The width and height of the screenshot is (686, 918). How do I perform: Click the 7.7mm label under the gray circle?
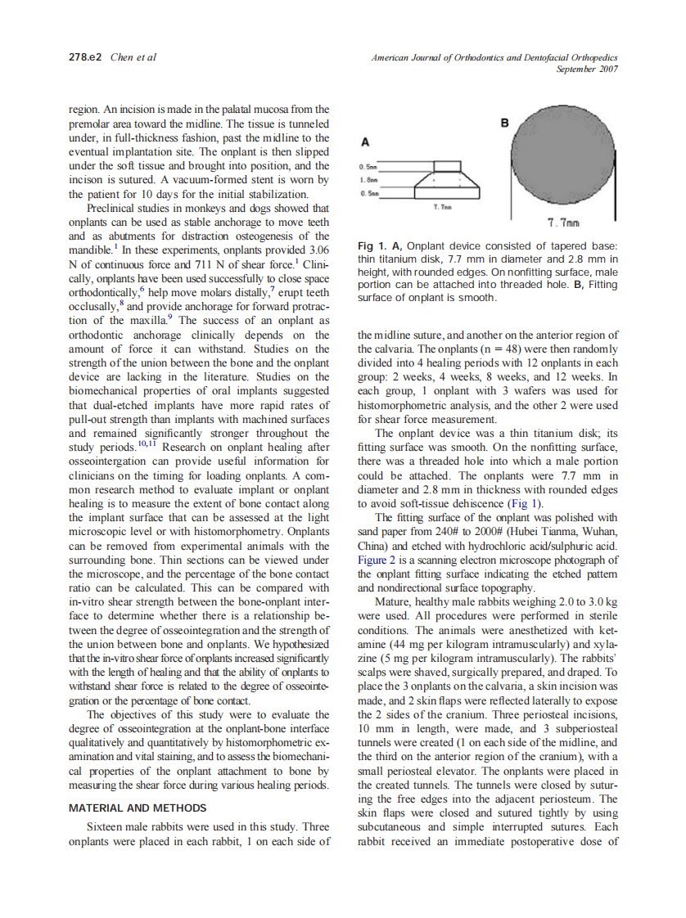(564, 224)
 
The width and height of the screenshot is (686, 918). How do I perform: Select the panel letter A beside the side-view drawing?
(363, 141)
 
